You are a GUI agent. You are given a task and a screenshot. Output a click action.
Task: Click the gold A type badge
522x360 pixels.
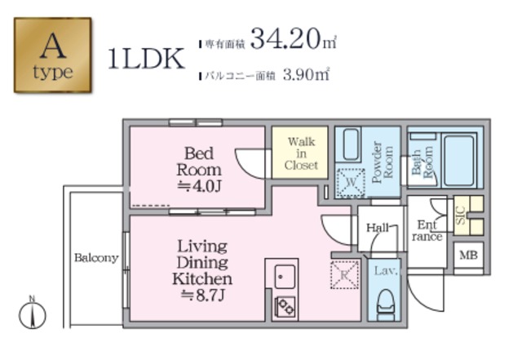(52, 55)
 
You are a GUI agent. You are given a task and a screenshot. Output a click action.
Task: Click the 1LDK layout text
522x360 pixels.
(147, 58)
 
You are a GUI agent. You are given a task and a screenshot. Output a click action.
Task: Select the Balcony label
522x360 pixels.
(96, 258)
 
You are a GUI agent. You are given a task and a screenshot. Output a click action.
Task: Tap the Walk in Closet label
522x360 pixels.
(301, 153)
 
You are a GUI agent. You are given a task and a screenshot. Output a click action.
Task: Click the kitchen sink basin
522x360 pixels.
(285, 277)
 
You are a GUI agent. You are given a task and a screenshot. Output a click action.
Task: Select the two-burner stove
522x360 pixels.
(285, 307)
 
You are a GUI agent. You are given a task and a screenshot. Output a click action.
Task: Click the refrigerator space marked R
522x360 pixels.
(344, 275)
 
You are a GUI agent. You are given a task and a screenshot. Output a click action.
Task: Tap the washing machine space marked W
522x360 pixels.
(351, 183)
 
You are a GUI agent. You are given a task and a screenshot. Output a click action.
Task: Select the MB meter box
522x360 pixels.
(468, 255)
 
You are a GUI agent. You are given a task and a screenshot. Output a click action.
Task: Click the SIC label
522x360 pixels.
(461, 216)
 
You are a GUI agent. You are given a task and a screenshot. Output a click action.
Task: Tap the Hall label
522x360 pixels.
(378, 228)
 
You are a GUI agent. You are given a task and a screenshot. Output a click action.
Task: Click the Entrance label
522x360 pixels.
(427, 231)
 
